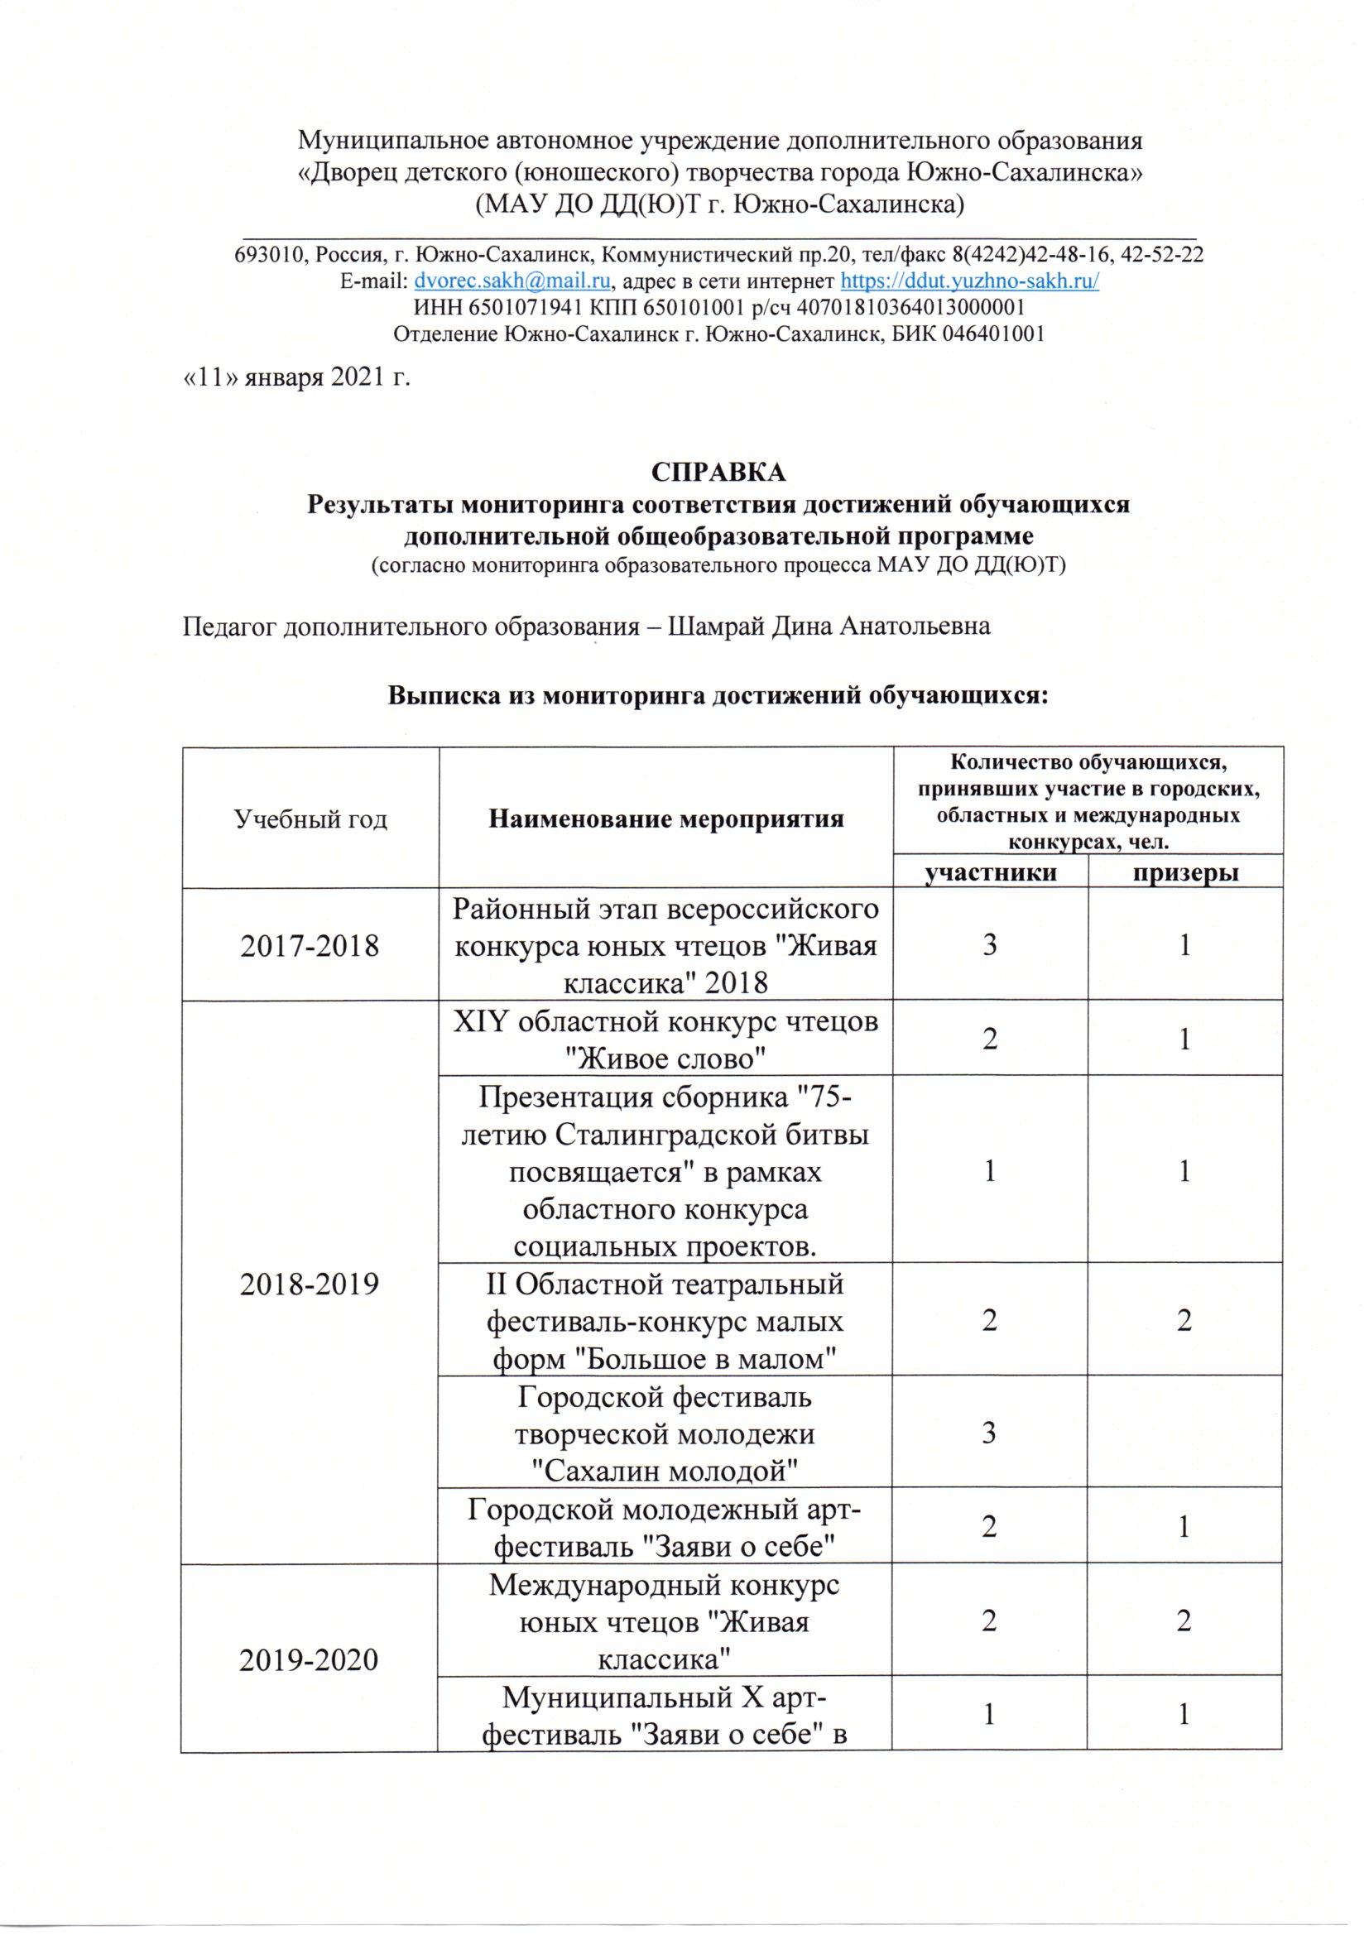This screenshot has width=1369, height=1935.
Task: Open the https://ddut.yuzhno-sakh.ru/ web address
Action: coord(969,281)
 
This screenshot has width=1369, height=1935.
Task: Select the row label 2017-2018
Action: coord(310,946)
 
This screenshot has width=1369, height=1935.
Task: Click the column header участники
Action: coord(991,872)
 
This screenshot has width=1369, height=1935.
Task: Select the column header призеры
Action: coord(1185,872)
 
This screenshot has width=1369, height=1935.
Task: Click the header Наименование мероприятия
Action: coord(666,819)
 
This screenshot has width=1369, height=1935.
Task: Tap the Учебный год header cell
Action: coord(310,819)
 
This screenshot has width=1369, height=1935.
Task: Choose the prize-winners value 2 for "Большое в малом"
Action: coord(1184,1320)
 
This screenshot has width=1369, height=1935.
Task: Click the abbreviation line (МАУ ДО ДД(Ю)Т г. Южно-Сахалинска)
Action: coord(721,204)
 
